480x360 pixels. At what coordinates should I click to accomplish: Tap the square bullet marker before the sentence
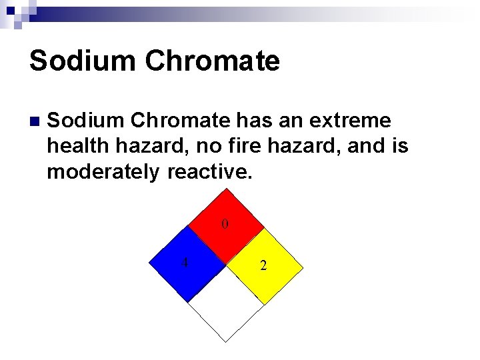(34, 121)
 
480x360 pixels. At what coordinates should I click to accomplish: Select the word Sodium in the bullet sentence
(85, 121)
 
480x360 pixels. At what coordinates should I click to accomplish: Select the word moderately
(103, 171)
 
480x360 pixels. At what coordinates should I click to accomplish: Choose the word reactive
(210, 171)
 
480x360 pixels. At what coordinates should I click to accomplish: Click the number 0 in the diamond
(225, 225)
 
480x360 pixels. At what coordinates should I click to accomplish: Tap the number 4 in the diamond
(185, 262)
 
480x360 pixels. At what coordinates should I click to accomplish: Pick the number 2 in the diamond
(263, 266)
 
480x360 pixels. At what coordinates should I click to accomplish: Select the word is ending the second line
(400, 146)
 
